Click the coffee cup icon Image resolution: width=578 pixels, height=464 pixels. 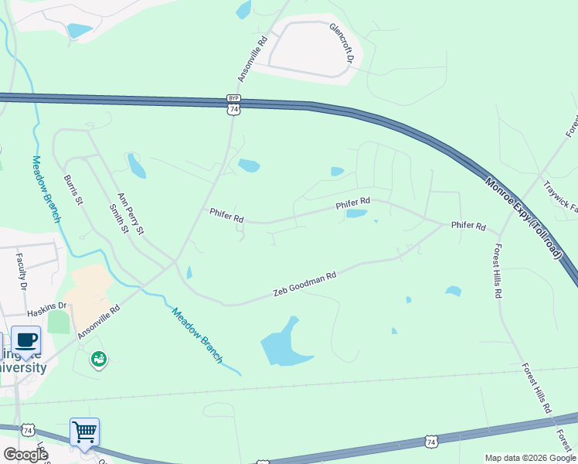click(x=25, y=339)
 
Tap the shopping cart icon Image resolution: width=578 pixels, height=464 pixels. click(x=84, y=431)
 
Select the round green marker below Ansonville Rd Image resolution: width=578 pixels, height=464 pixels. click(x=98, y=358)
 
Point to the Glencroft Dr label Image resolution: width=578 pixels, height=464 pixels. click(x=341, y=43)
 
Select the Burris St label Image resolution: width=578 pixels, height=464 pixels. click(x=73, y=189)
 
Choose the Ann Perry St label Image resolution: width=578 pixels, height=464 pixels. click(x=131, y=213)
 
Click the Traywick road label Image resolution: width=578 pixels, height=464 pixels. click(x=560, y=196)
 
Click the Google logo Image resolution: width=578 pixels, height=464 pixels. click(x=25, y=455)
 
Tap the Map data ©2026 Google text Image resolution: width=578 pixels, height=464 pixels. click(x=529, y=458)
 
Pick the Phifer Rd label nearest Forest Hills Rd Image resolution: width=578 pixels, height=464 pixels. click(x=468, y=227)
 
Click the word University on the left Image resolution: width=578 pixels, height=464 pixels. click(x=23, y=367)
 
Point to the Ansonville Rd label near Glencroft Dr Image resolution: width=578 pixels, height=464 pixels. click(x=252, y=59)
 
